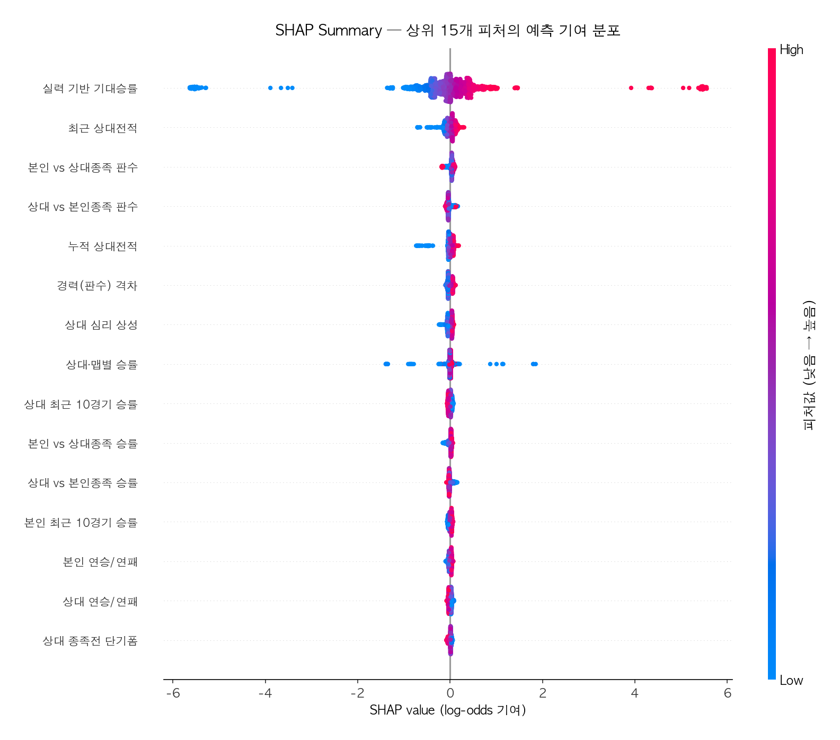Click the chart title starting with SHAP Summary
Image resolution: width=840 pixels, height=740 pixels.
pyautogui.click(x=447, y=31)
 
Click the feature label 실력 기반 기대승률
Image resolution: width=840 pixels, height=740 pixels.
pyautogui.click(x=90, y=89)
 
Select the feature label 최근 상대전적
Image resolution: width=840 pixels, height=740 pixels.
pyautogui.click(x=102, y=128)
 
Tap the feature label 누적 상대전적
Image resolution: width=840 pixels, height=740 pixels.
pyautogui.click(x=102, y=246)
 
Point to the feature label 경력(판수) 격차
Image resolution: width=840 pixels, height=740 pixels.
pyautogui.click(x=97, y=286)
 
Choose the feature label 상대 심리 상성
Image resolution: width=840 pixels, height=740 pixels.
pyautogui.click(x=101, y=325)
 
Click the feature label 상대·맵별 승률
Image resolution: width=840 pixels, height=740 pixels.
pyautogui.click(x=101, y=365)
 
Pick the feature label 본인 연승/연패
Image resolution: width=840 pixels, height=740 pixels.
pyautogui.click(x=100, y=562)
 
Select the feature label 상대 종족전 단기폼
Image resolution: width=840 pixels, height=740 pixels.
pyautogui.click(x=90, y=641)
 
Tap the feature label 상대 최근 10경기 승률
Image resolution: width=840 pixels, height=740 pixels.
pyautogui.click(x=81, y=404)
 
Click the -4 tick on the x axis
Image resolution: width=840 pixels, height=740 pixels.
pyautogui.click(x=265, y=693)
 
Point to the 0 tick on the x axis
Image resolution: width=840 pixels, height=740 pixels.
pyautogui.click(x=450, y=693)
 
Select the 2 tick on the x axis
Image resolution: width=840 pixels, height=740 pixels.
pyautogui.click(x=542, y=693)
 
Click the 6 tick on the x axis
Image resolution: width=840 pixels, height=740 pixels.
pyautogui.click(x=727, y=693)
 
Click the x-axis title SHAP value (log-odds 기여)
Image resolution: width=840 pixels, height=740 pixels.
pyautogui.click(x=447, y=710)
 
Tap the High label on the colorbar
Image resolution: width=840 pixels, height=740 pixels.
pyautogui.click(x=791, y=50)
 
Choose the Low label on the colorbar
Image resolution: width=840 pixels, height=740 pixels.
pyautogui.click(x=791, y=681)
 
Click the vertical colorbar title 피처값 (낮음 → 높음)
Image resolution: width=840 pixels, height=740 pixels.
pyautogui.click(x=809, y=365)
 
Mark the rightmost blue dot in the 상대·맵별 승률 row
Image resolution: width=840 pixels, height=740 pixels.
pyautogui.click(x=534, y=364)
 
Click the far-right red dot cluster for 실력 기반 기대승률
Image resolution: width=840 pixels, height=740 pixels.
pyautogui.click(x=703, y=88)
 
